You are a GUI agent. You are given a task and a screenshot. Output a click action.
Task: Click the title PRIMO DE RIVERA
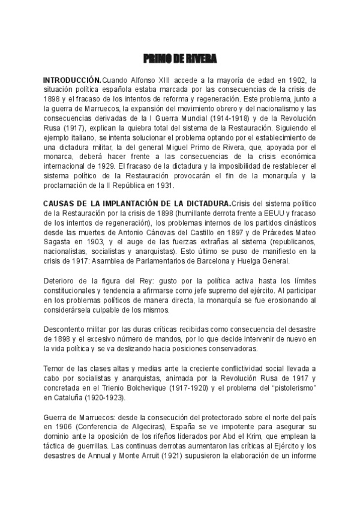pyautogui.click(x=180, y=59)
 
